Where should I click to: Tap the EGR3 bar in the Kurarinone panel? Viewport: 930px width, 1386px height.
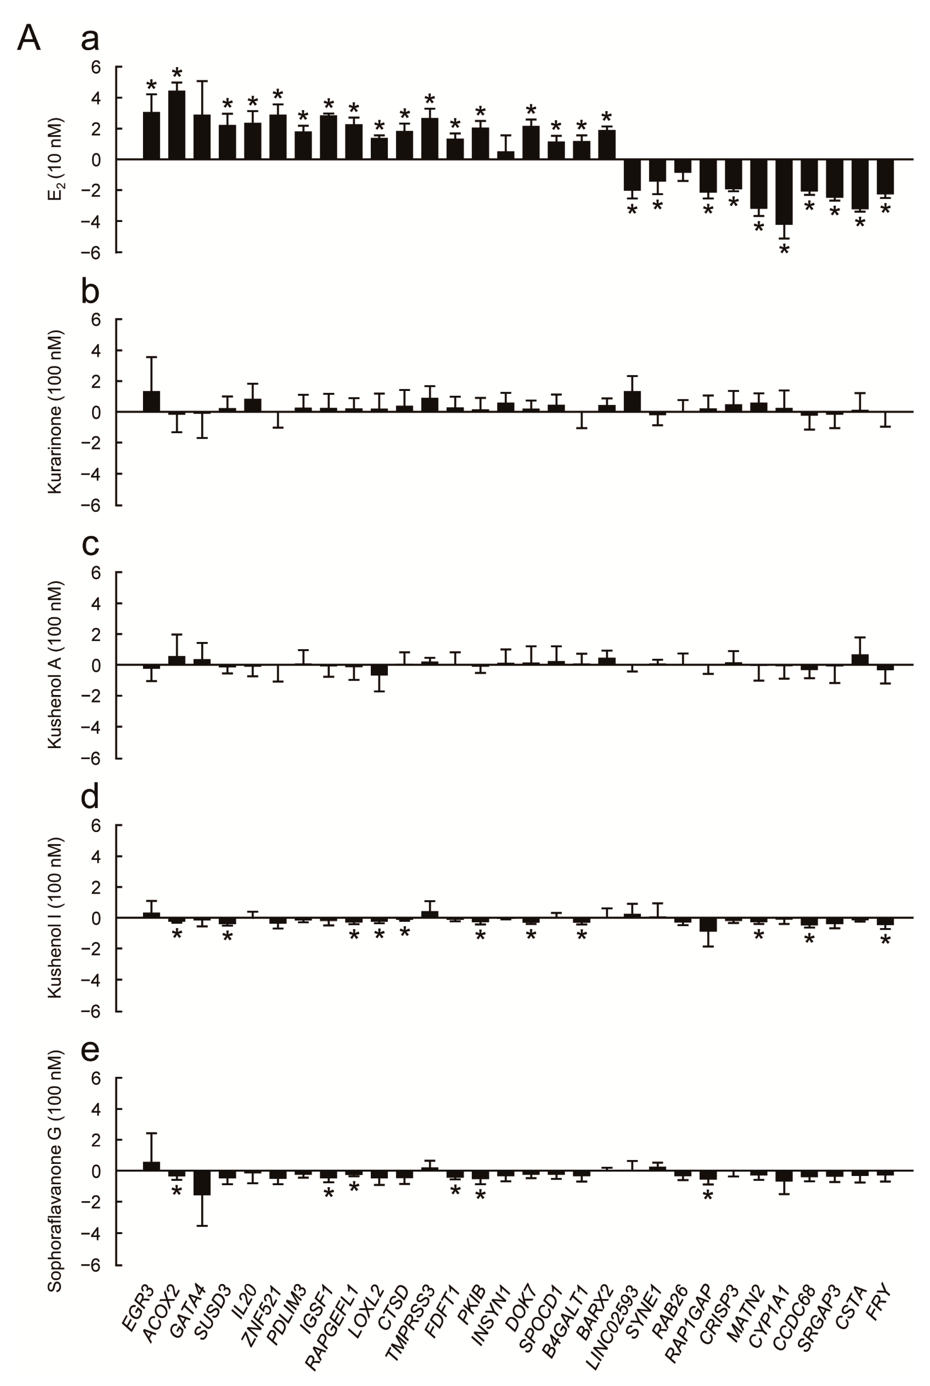click(151, 402)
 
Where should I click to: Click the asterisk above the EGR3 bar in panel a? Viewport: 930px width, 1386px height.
click(151, 85)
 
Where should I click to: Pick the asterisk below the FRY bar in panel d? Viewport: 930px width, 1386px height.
click(885, 941)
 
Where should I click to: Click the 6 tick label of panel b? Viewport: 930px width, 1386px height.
click(96, 320)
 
